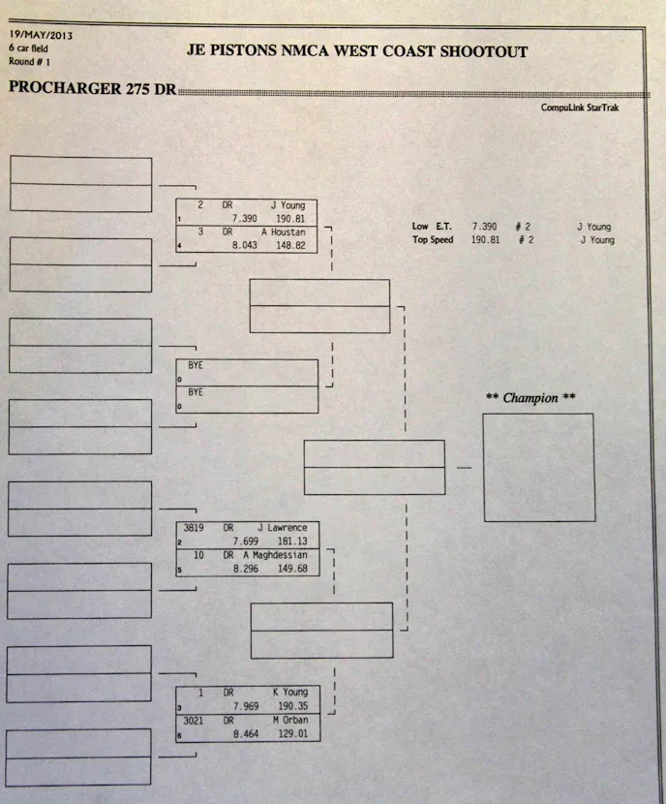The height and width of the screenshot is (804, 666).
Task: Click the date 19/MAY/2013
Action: [x=41, y=36]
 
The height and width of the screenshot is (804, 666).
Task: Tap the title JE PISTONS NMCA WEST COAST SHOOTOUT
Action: [x=357, y=51]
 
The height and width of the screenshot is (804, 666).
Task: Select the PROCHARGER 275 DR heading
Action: [x=92, y=88]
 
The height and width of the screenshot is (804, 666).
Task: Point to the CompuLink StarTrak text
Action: [x=579, y=108]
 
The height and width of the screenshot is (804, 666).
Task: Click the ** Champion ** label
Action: [x=530, y=398]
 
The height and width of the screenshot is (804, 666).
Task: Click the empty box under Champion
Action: [x=538, y=467]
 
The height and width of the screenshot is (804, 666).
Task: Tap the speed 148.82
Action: [x=290, y=246]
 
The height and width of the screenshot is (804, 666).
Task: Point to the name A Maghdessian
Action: [x=274, y=555]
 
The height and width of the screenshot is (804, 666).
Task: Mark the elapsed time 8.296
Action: [x=251, y=569]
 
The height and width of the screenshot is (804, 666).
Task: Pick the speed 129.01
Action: [x=290, y=734]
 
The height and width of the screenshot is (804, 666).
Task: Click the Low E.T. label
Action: [x=433, y=226]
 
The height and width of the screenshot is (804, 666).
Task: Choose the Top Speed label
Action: [x=433, y=239]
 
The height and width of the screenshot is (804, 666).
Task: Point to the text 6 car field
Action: [x=29, y=46]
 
